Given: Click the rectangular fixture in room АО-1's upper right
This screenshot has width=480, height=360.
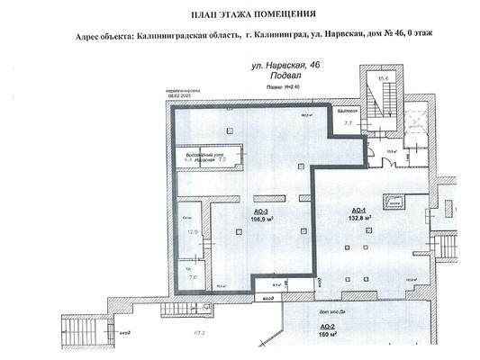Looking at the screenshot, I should (x=394, y=204).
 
